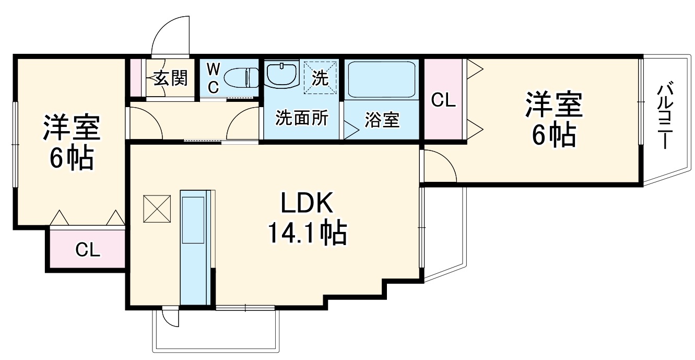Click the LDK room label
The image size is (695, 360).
click(x=307, y=203)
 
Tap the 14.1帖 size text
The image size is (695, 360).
click(x=307, y=233)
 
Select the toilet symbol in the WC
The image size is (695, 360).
click(x=241, y=78)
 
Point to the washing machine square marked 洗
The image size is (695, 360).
click(x=320, y=77)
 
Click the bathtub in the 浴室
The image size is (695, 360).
click(x=382, y=80)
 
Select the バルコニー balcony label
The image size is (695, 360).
click(x=664, y=115)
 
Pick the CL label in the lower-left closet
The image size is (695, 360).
click(x=88, y=250)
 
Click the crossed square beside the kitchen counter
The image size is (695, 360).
click(x=157, y=208)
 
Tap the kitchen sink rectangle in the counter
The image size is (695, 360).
click(x=193, y=220)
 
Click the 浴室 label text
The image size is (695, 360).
click(x=382, y=120)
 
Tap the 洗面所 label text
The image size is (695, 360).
click(x=302, y=118)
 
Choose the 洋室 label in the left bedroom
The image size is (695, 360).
click(x=72, y=127)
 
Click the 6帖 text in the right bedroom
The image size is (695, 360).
click(x=554, y=136)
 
